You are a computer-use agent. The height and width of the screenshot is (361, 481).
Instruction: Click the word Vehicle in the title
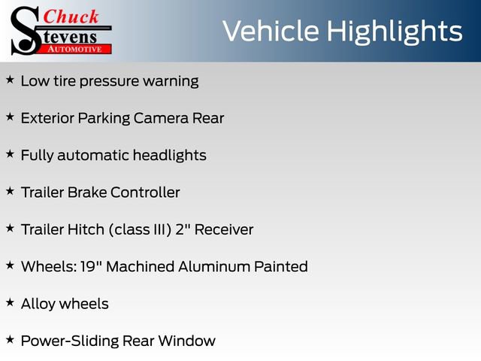click(x=270, y=31)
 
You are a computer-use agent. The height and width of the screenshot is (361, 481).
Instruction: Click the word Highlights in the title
click(x=394, y=32)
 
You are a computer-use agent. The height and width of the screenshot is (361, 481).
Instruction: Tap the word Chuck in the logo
click(x=71, y=17)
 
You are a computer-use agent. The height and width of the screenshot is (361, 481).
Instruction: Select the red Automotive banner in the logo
click(x=75, y=47)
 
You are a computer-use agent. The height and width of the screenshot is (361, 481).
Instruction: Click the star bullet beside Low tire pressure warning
click(x=10, y=79)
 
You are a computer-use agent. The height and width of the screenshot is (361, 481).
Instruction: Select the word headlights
click(x=169, y=156)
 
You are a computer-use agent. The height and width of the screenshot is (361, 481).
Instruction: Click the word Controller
click(x=145, y=193)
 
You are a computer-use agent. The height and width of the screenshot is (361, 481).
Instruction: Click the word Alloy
click(x=38, y=304)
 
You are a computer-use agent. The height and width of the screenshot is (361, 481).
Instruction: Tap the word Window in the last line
click(x=192, y=341)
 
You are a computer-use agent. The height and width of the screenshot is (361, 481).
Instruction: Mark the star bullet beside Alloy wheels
click(x=10, y=302)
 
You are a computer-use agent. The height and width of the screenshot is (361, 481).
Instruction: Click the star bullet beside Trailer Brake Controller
click(x=10, y=191)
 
